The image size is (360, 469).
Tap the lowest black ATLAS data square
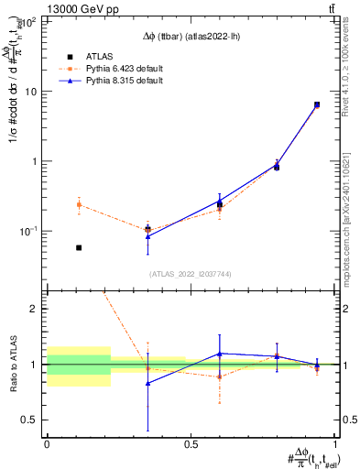click(x=79, y=247)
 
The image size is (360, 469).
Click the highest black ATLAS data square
click(x=316, y=104)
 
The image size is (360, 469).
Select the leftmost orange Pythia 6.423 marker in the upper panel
click(x=79, y=204)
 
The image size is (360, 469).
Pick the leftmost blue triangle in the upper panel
click(x=147, y=236)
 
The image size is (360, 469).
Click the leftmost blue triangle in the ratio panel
click(x=147, y=383)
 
